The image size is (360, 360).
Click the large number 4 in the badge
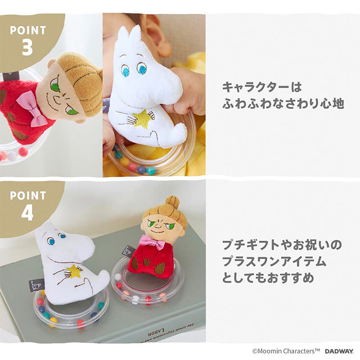point(27,212)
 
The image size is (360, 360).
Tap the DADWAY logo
point(339,351)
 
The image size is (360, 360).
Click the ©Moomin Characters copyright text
point(286,351)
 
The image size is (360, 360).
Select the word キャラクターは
point(262,87)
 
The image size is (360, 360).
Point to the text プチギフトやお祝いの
point(282,245)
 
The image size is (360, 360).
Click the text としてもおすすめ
point(268,278)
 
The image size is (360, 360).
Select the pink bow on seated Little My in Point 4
point(153,242)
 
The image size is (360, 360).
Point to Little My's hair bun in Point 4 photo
point(172,202)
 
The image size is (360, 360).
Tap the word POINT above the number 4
point(28,195)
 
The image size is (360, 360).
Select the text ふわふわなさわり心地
point(283,103)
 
